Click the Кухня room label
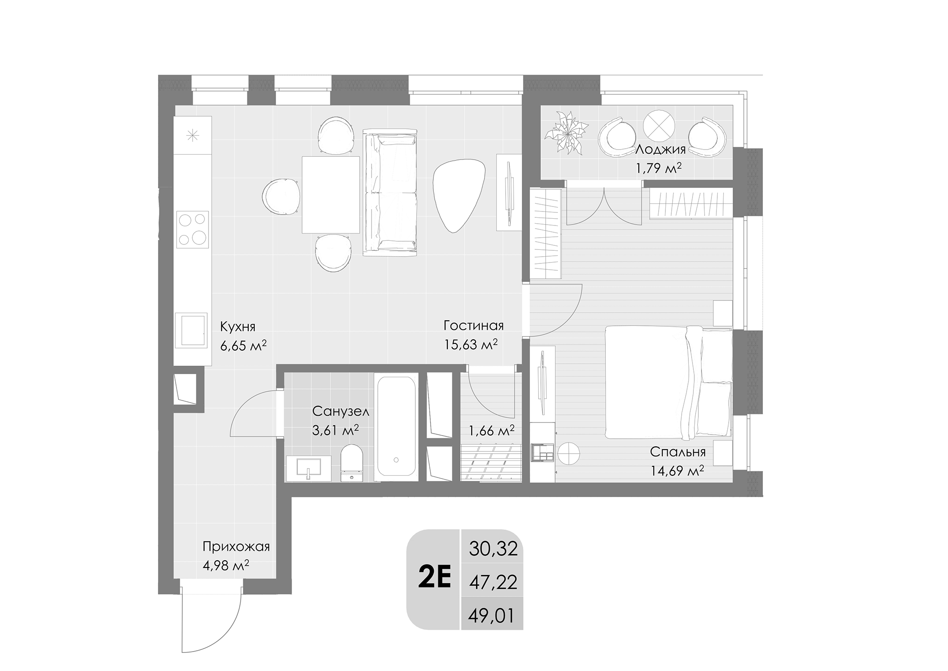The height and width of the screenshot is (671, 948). tap(237, 326)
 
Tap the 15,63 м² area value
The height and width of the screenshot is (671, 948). tap(470, 345)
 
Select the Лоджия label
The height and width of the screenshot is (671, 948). tap(660, 150)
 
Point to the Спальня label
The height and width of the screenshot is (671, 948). tap(677, 452)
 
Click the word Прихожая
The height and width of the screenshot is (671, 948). tap(236, 547)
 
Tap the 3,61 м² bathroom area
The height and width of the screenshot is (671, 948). tap(335, 430)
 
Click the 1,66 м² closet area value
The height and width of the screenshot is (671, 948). tap(492, 431)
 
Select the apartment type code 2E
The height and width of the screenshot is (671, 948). tap(434, 580)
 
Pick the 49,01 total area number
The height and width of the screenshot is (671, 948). tap(492, 616)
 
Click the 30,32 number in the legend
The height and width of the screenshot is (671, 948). tap(493, 549)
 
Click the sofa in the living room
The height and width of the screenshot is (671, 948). tap(390, 192)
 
